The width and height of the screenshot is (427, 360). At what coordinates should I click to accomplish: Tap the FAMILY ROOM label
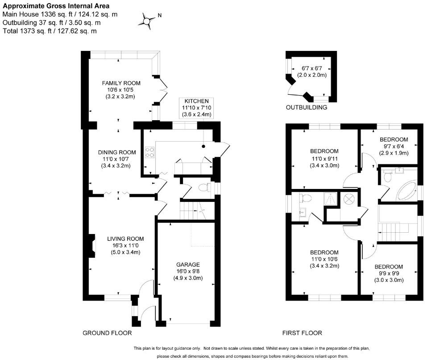tap(121, 83)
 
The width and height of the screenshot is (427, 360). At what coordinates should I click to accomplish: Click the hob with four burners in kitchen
tap(149, 152)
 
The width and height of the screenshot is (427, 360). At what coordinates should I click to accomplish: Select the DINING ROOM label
tap(117, 153)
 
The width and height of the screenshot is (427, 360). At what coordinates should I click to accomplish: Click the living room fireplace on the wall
tap(92, 246)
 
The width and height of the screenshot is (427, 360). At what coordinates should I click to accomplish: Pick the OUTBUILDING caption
tap(307, 108)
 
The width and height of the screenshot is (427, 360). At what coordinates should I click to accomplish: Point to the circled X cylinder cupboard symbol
tap(349, 199)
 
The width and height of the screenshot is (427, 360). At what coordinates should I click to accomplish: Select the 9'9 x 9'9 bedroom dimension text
tap(389, 273)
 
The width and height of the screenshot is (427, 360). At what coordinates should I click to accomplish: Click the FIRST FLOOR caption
tap(302, 333)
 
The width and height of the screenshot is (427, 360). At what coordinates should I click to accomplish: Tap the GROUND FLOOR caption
tap(108, 333)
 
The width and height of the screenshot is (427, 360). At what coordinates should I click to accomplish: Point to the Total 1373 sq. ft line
tap(50, 31)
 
